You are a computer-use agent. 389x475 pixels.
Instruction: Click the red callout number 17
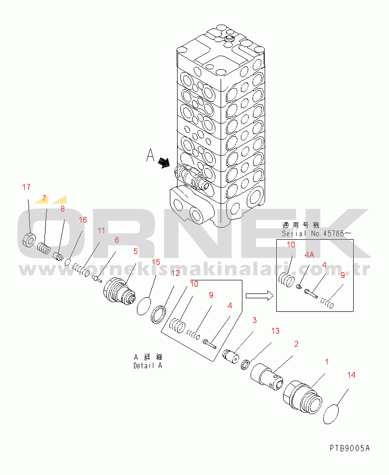(x=26, y=187)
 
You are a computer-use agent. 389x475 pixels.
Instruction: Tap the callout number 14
(x=351, y=374)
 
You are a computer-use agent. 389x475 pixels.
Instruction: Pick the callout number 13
(x=275, y=331)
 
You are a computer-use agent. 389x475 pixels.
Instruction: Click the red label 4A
(x=309, y=254)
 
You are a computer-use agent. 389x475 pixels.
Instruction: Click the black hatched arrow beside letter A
(x=165, y=163)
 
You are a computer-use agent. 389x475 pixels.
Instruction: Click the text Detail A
(x=148, y=366)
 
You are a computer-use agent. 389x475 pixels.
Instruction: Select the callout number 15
(x=156, y=262)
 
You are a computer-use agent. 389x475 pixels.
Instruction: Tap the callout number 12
(x=175, y=273)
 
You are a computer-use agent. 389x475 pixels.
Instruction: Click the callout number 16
(x=83, y=220)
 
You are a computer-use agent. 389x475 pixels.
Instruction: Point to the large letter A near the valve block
(x=150, y=156)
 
